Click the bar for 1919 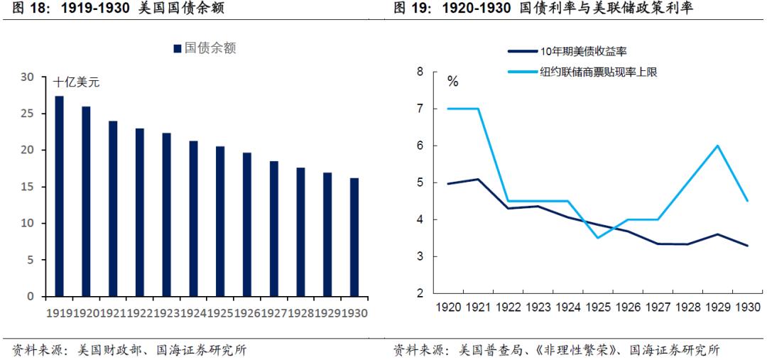[59, 196]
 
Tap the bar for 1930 [354, 236]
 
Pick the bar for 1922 [140, 212]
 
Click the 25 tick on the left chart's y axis [28, 114]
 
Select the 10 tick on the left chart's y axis [28, 224]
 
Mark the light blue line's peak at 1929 [718, 146]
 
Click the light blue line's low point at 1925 [598, 238]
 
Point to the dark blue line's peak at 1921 [478, 179]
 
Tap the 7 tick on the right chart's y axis [420, 109]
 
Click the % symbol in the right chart [452, 81]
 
